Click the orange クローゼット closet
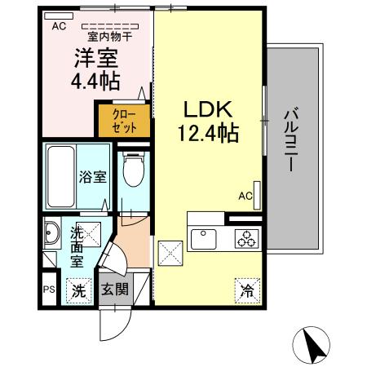click(x=124, y=121)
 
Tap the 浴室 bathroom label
click(x=93, y=177)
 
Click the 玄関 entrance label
click(x=114, y=290)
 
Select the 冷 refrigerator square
click(x=247, y=288)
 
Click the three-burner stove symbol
click(x=245, y=238)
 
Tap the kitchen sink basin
click(x=204, y=238)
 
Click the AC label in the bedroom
click(x=58, y=25)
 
